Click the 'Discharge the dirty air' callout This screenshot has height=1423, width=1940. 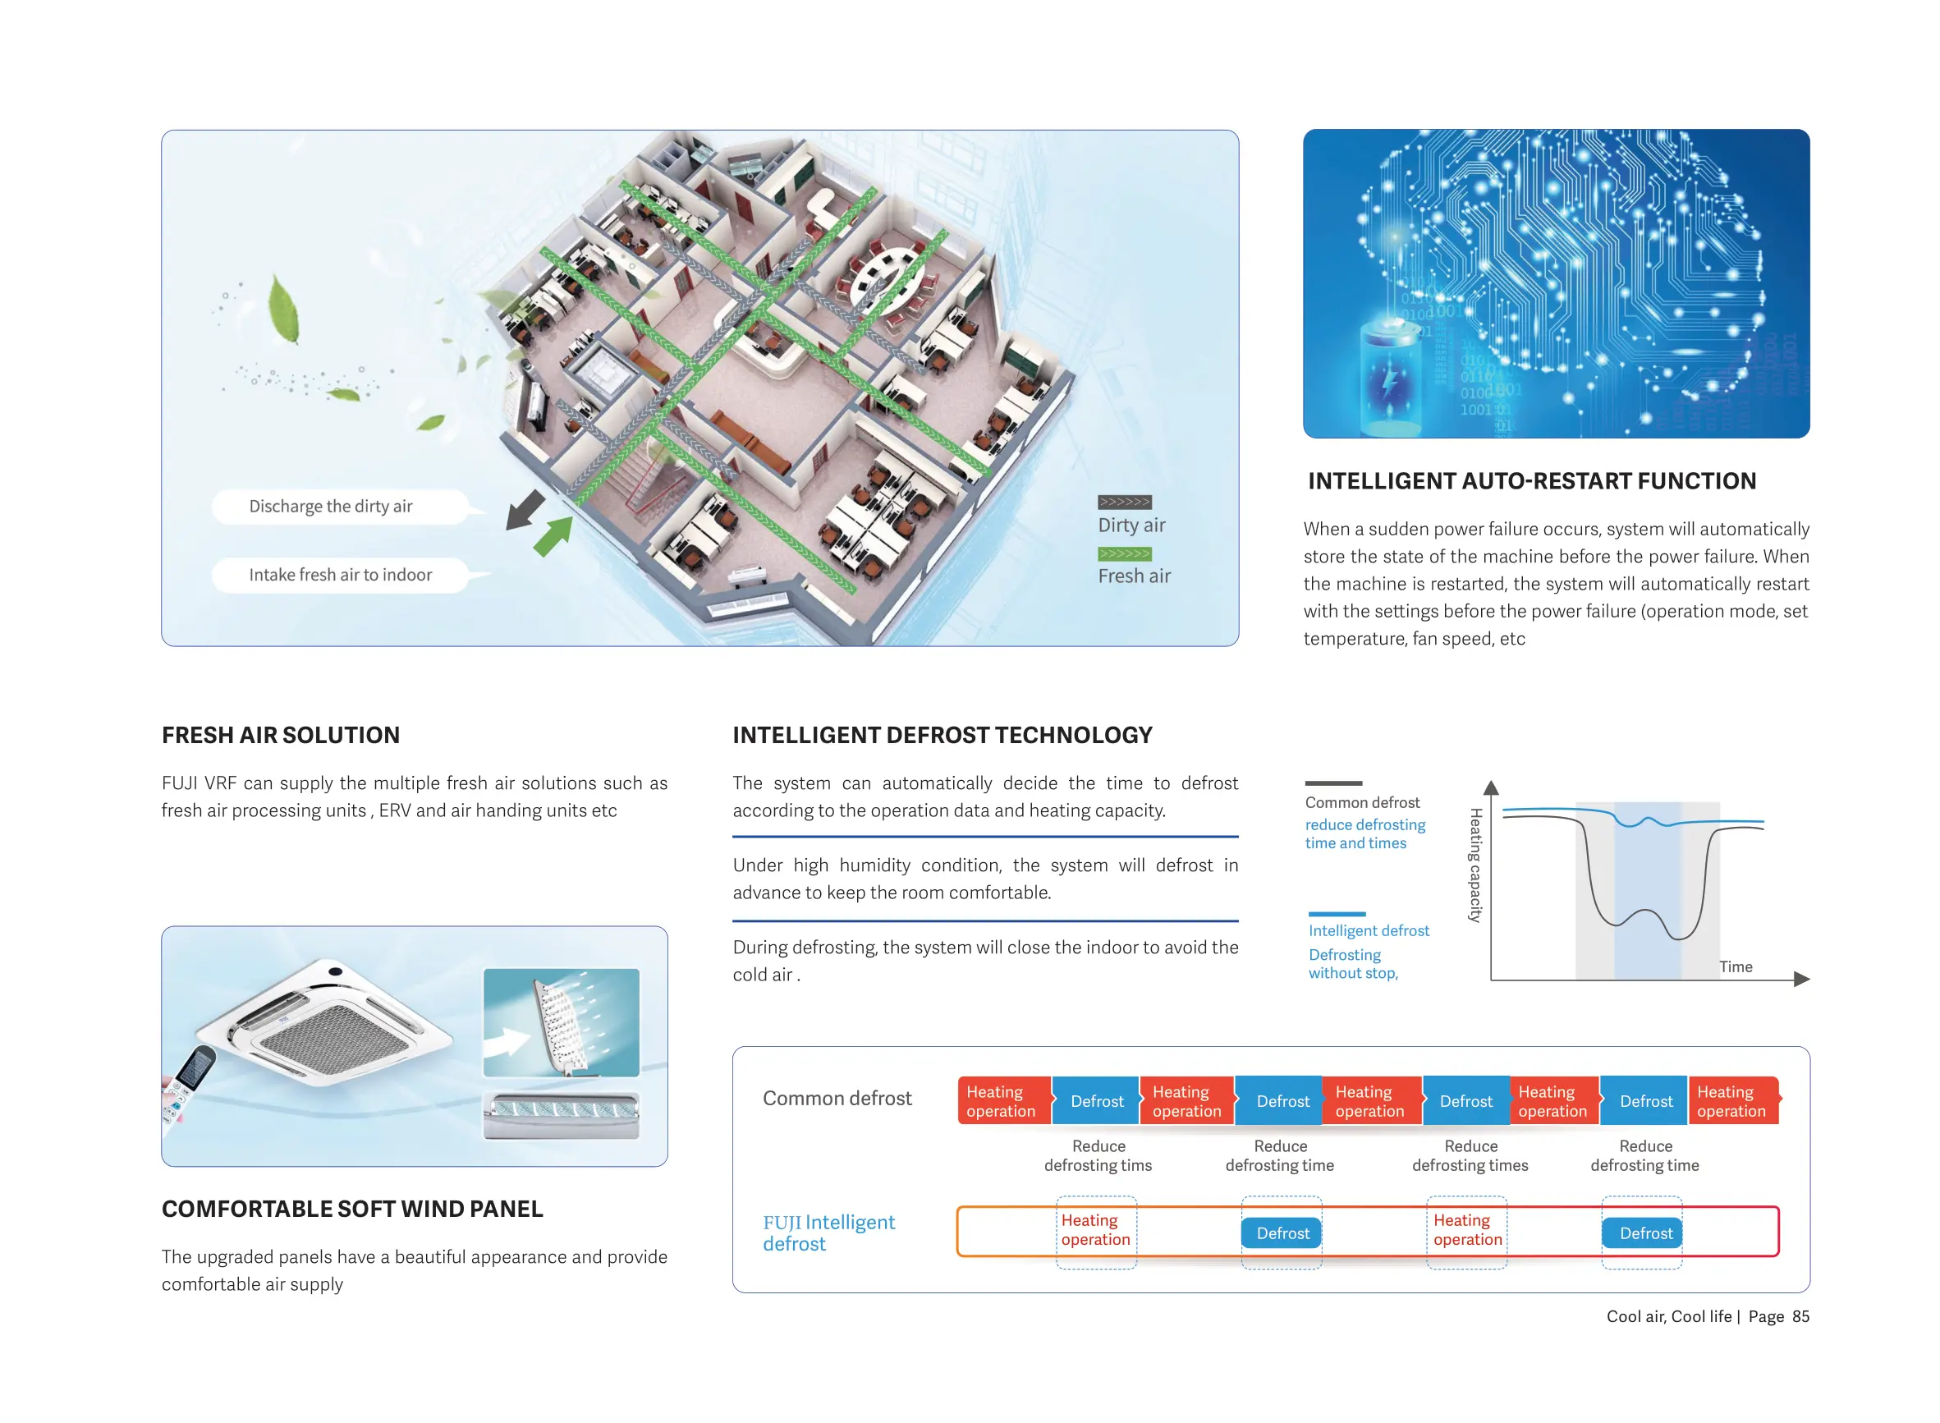coord(331,507)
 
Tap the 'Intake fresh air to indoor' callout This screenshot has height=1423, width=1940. coord(340,575)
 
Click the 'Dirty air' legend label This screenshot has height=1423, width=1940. coord(1131,526)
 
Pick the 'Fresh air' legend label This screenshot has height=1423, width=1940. coord(1133,576)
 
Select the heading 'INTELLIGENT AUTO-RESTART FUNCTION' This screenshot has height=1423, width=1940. coord(1531,481)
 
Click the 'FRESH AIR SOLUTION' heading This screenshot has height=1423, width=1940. coord(281,735)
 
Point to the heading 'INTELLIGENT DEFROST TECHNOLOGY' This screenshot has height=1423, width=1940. coord(942,735)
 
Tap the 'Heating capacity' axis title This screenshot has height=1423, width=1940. coord(1475,865)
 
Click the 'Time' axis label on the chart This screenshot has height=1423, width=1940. coord(1735,966)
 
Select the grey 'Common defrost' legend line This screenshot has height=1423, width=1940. coord(1333,783)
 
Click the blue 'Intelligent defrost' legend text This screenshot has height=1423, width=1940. coord(1369,930)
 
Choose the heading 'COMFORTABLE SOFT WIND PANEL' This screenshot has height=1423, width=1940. coord(352,1209)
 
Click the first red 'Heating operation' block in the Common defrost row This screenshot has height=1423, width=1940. coord(1002,1101)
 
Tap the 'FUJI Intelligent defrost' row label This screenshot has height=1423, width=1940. coord(828,1233)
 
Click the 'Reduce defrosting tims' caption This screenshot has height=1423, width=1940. coord(1098,1155)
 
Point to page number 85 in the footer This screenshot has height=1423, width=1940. coord(1800,1316)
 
